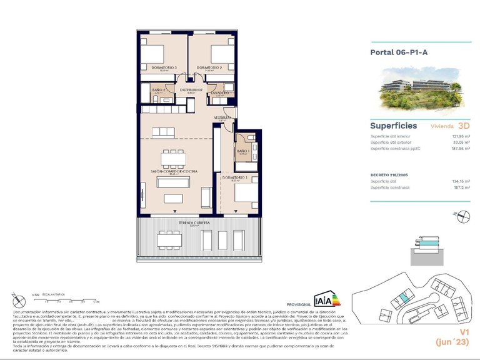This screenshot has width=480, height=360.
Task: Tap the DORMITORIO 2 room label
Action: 209,67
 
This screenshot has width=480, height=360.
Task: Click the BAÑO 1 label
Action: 242,151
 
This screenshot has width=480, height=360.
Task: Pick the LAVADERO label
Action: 219,92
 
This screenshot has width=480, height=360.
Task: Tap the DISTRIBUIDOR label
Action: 191,90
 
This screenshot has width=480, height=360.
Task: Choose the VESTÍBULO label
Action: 223,117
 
